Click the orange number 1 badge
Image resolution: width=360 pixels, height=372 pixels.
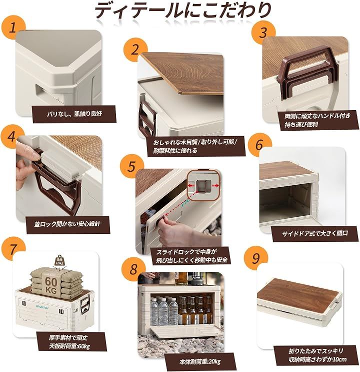(13, 27)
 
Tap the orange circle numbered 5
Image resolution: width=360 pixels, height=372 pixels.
(132, 166)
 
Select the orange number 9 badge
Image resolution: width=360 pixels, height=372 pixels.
(256, 258)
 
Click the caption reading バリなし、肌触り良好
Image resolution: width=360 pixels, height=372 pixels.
(74, 114)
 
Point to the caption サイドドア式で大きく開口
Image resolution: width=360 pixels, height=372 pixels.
(315, 233)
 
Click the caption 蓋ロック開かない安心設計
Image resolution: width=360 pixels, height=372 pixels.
(67, 224)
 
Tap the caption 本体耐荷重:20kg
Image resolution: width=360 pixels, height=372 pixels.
(199, 362)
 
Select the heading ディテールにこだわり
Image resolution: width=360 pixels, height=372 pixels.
(182, 11)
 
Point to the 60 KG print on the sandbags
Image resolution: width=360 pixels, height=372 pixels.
(51, 285)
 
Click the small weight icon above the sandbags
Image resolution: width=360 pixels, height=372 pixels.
(59, 261)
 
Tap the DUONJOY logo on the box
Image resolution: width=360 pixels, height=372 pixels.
(42, 307)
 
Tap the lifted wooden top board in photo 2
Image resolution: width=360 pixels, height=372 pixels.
(182, 73)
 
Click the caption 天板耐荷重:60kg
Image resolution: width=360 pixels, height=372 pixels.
(69, 346)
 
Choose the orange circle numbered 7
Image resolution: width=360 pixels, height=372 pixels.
(13, 249)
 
